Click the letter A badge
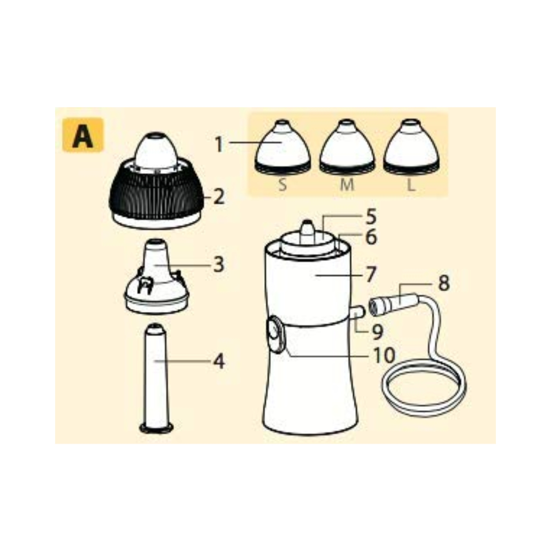coord(83,134)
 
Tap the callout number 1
coord(219,144)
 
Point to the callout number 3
coord(219,264)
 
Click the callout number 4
coord(219,362)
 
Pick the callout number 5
coord(371,217)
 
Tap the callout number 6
coord(371,237)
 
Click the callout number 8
coord(444,283)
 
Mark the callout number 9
coord(377,332)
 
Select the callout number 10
coord(384,355)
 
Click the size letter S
coord(282,184)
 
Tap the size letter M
coord(347,184)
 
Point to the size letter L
coord(411,184)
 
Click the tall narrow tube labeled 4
coord(156,378)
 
